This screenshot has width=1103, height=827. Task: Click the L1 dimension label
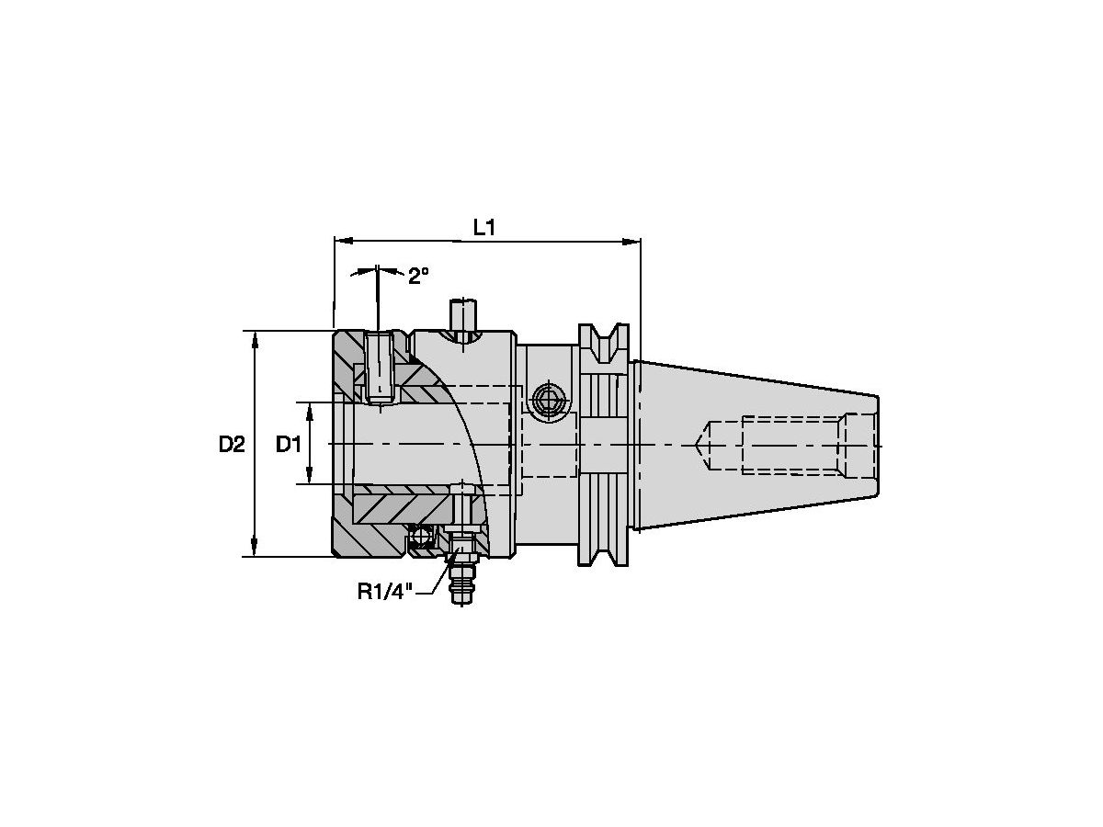(484, 228)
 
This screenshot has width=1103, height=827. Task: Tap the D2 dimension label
(232, 445)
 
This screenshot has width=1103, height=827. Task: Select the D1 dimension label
(289, 445)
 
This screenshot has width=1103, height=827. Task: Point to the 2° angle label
(418, 276)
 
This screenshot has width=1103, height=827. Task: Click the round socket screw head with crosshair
(547, 401)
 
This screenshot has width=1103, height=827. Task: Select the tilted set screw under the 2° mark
(380, 368)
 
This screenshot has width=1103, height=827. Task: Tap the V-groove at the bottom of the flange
(604, 551)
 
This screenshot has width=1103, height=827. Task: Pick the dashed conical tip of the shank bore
(701, 445)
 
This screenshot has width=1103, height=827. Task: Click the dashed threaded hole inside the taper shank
(790, 445)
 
